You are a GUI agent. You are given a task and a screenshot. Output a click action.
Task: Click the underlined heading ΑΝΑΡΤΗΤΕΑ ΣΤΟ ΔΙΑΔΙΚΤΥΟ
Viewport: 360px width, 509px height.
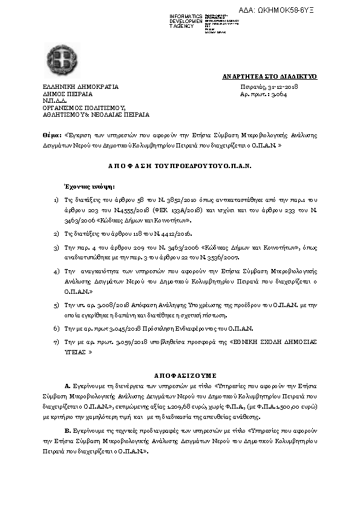point(270,77)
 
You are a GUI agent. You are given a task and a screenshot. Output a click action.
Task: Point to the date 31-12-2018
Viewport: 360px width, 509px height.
point(278,87)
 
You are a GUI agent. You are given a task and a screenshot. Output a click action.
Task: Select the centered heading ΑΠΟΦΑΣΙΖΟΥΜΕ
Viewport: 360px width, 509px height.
point(180,375)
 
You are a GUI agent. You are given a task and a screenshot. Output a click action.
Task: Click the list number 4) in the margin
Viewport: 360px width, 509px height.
point(56,272)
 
